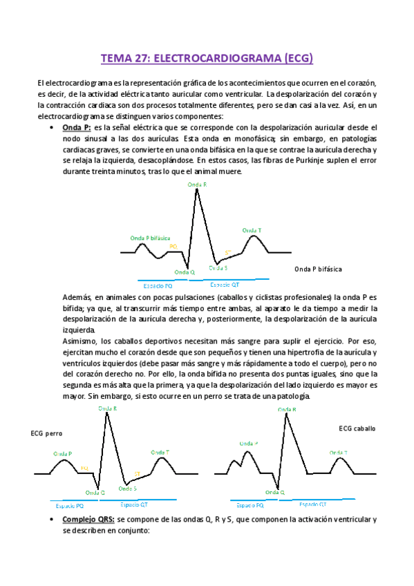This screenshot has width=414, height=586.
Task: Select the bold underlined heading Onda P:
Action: (77, 128)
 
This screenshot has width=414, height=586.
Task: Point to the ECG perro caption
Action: (46, 433)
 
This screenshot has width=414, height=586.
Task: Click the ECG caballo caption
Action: (358, 428)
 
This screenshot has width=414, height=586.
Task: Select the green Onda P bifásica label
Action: (150, 238)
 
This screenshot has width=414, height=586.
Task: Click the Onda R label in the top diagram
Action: (197, 185)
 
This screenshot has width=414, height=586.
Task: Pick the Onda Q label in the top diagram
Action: (185, 272)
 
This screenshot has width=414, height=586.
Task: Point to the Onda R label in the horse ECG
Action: (287, 410)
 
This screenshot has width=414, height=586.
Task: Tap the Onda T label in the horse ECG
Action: (339, 453)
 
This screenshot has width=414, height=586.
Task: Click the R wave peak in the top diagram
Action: (197, 191)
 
